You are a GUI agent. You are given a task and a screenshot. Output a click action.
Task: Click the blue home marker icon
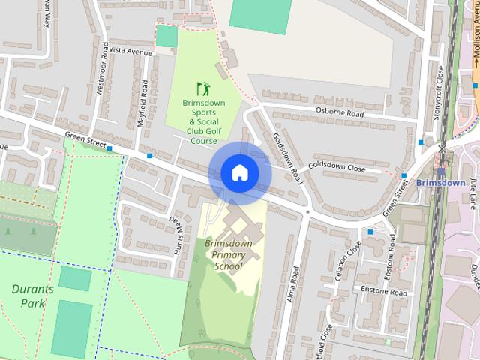[239, 172]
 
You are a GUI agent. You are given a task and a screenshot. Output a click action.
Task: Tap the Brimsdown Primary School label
[229, 254]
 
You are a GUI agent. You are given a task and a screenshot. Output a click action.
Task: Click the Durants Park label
[28, 295]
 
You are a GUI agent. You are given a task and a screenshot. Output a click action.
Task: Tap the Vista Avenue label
[132, 52]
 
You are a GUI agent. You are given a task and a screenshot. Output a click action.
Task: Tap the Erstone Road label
[383, 291]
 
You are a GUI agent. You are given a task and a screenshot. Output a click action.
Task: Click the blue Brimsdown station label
[441, 182]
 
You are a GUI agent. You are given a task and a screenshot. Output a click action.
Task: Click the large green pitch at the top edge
[260, 15]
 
